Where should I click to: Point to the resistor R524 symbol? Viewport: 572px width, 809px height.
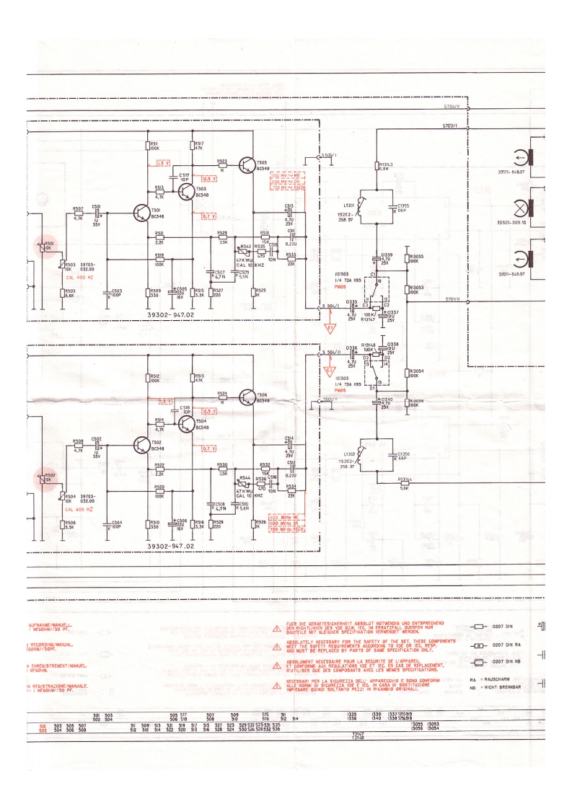[222, 398]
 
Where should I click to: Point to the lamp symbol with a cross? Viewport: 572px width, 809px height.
[519, 206]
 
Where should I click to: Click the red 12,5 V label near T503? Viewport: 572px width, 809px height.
[209, 178]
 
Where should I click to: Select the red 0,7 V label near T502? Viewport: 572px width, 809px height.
[209, 448]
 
